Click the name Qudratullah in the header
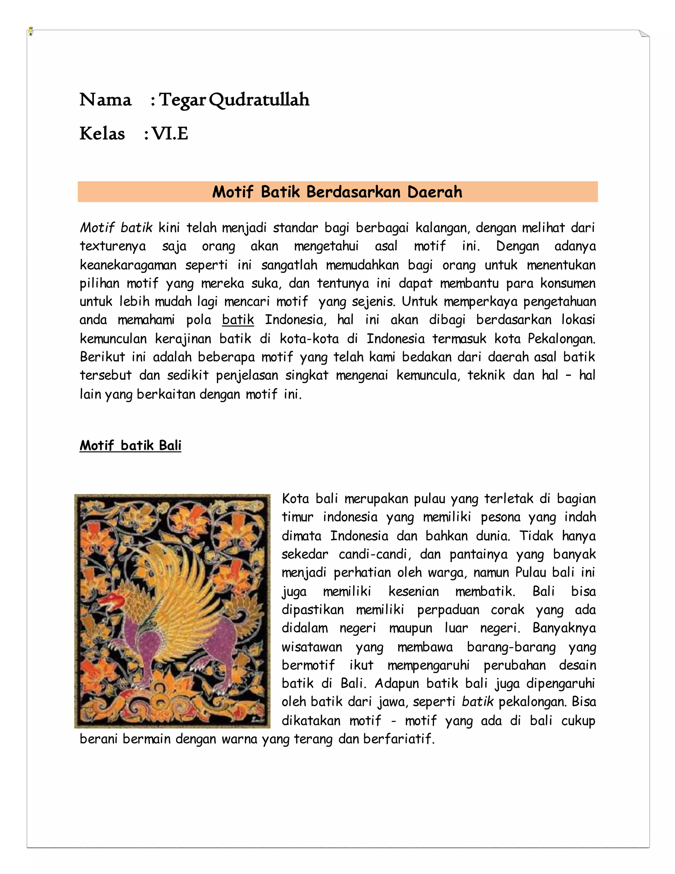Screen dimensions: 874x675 pos(259,100)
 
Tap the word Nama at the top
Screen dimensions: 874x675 pos(105,100)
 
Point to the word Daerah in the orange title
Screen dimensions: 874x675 pos(435,192)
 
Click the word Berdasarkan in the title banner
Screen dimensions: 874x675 pos(354,192)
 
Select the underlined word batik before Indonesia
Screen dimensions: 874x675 pos(238,320)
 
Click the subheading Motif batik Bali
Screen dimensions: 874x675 pos(131,445)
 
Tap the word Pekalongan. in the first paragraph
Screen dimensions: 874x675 pos(561,339)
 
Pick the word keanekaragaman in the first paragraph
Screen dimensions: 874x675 pos(128,265)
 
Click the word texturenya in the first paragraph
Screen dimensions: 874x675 pos(113,246)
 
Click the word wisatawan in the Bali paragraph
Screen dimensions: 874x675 pos(312,647)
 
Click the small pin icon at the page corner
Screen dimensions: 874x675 pos(31,31)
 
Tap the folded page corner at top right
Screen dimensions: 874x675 pos(644,34)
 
